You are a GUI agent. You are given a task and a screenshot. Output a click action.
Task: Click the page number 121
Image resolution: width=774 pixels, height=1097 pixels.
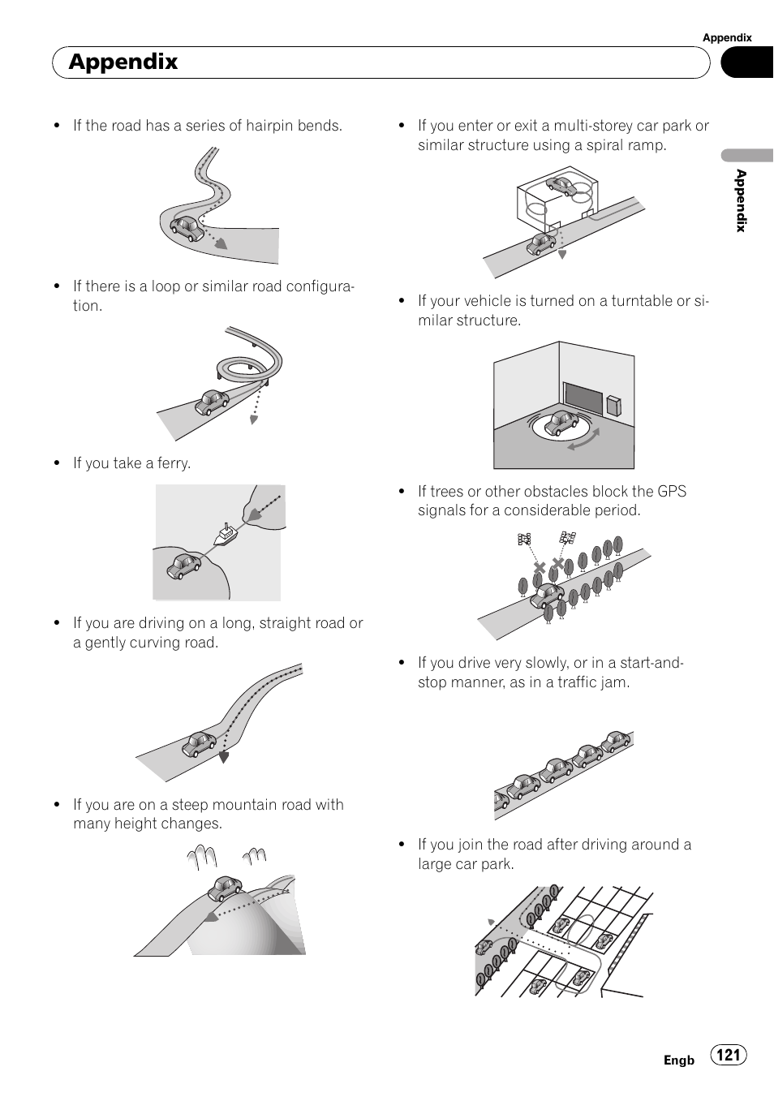click(x=728, y=1054)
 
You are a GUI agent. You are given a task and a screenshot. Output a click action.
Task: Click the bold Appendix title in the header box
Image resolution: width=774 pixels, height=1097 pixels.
click(x=123, y=62)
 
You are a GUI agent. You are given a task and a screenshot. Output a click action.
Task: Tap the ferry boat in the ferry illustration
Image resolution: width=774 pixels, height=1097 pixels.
click(x=226, y=534)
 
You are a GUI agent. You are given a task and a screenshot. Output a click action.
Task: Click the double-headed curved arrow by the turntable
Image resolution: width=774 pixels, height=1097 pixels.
click(x=584, y=439)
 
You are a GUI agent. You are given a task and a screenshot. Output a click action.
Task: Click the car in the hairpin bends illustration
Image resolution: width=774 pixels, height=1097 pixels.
click(x=187, y=228)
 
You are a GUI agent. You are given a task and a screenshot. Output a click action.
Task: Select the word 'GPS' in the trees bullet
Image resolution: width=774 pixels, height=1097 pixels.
click(x=672, y=491)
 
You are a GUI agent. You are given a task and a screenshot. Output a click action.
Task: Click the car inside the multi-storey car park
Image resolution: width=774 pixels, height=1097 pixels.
click(x=561, y=187)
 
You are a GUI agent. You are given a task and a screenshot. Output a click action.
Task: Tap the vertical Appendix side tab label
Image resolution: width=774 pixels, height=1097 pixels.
click(x=742, y=200)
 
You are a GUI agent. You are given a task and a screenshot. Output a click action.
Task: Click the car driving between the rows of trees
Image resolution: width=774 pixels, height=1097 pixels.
click(x=548, y=596)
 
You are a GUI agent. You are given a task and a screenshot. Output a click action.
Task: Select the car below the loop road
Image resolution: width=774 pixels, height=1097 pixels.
click(x=212, y=402)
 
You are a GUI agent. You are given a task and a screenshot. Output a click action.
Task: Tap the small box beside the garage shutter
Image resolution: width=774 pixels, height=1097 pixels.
click(x=614, y=405)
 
